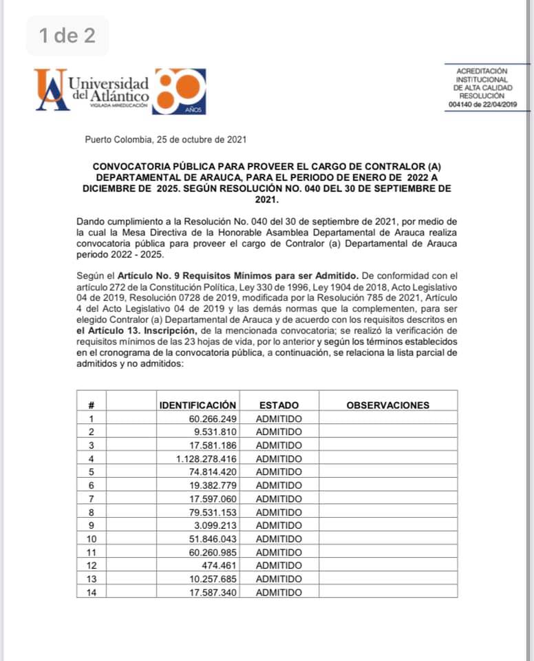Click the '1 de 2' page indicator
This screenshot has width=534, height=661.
pos(67,36)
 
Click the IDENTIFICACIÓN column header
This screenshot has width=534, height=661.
pos(197,405)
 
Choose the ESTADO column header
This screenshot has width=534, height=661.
pos(278,405)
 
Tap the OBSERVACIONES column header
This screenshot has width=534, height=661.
pos(387,405)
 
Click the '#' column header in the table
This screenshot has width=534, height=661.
pos(91,405)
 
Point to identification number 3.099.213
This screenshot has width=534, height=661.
pos(215,525)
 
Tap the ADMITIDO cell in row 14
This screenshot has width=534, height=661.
pos(278,592)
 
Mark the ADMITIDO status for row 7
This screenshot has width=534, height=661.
pos(278,499)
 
